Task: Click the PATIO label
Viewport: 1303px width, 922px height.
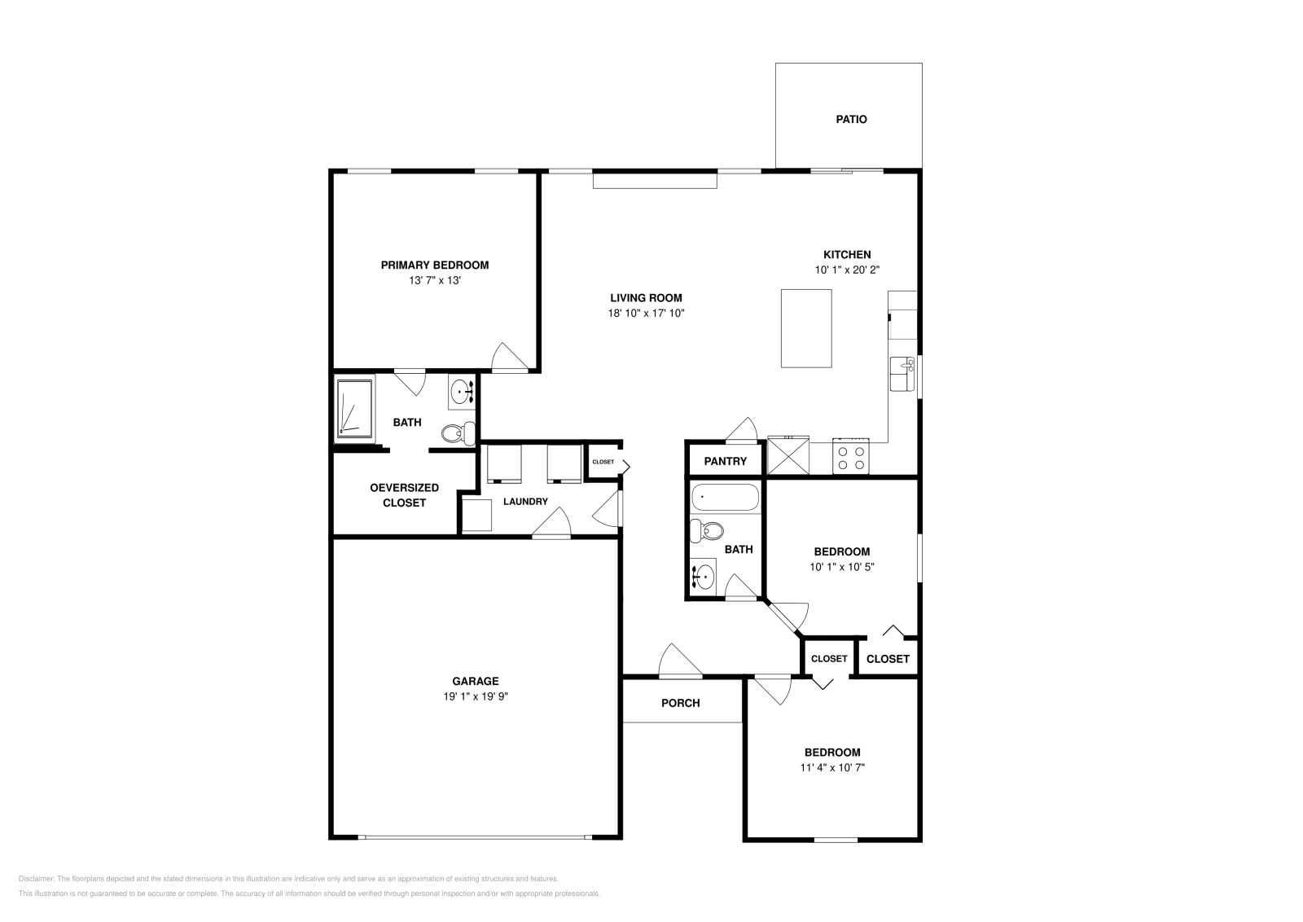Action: pos(851,119)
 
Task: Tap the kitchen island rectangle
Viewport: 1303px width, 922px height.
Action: pos(806,328)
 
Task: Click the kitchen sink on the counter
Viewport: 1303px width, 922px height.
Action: pos(902,375)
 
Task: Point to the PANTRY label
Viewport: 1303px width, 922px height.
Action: pos(725,461)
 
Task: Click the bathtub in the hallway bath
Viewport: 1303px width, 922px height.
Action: pos(725,498)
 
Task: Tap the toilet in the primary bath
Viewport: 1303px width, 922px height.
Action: pos(459,433)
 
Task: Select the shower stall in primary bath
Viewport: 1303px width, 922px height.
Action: pos(355,406)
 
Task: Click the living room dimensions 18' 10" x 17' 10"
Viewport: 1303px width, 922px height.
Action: pos(646,313)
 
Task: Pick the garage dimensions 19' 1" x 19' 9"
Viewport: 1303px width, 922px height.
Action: pos(476,696)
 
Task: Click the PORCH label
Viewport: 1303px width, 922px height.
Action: pos(680,703)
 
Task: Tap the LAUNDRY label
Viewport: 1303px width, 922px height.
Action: pos(525,502)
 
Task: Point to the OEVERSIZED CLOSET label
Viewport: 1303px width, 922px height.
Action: pos(404,495)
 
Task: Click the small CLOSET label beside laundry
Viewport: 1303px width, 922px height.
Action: pos(603,462)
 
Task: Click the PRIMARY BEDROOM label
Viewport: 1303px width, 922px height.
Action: pos(435,265)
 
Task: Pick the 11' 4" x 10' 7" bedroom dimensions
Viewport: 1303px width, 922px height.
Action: pos(831,767)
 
